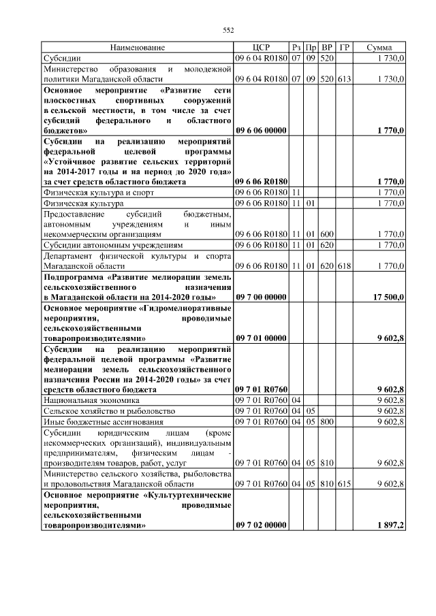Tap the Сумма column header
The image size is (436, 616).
tap(379, 48)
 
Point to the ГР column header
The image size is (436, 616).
tap(344, 48)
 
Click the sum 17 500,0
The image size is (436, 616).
tap(389, 297)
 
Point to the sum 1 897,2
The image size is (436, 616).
tap(390, 525)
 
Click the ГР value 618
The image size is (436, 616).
tap(344, 265)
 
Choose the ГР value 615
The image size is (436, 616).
tap(344, 483)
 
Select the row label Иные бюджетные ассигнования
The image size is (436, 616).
tap(95, 422)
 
